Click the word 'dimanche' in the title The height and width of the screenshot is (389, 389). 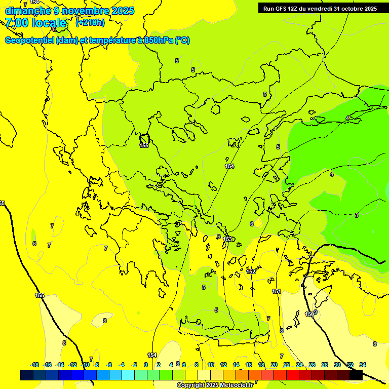[27, 11]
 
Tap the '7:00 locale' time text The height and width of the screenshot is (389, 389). [36, 23]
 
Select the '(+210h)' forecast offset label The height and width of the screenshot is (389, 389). [90, 22]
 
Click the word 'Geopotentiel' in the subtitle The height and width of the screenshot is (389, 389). [30, 41]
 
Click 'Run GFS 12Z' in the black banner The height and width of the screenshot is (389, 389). [280, 9]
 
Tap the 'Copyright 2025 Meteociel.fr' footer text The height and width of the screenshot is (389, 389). [215, 385]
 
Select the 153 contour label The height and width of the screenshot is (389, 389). [228, 239]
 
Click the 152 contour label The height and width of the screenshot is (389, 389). [251, 272]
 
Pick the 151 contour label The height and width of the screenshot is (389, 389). [277, 291]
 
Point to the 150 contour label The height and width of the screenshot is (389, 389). [309, 314]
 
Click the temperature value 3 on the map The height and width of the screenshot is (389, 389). [357, 215]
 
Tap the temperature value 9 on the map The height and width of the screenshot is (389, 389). [316, 312]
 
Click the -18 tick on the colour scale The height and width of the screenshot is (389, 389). [35, 365]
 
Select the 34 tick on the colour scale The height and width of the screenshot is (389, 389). [363, 365]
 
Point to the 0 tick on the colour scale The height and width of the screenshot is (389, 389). [146, 365]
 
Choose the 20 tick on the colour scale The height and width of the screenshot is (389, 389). [274, 365]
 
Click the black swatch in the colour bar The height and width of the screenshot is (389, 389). [356, 375]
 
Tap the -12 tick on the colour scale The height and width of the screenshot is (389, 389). [72, 365]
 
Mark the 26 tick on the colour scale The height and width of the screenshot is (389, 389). [312, 365]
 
